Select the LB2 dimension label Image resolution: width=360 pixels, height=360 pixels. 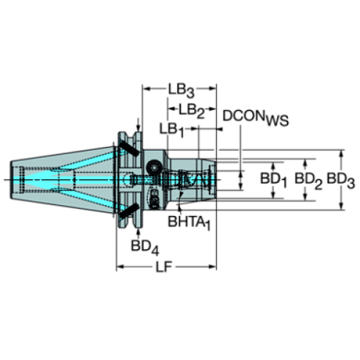click(191, 110)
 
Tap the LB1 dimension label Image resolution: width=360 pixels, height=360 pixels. click(171, 129)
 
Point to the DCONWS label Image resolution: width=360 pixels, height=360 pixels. click(256, 118)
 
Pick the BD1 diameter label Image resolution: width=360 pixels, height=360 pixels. click(274, 179)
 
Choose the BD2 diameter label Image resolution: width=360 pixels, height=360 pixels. click(307, 179)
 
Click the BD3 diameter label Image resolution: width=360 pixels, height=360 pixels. click(339, 179)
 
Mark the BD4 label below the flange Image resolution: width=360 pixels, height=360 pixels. click(145, 246)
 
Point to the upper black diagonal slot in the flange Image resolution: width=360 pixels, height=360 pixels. click(130, 148)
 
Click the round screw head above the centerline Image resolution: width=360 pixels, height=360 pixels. click(155, 167)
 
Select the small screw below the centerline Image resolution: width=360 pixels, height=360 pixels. click(154, 197)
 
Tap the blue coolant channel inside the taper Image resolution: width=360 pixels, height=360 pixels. click(73, 179)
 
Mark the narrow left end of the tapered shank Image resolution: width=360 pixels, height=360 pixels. click(16, 179)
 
